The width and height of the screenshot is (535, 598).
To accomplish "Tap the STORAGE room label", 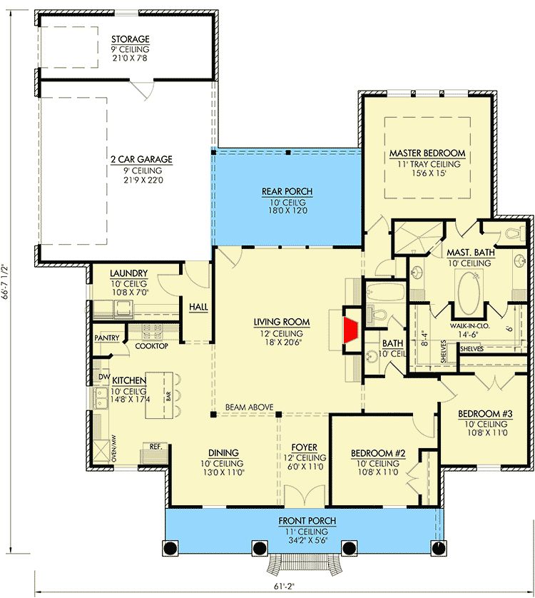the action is pyautogui.click(x=131, y=39).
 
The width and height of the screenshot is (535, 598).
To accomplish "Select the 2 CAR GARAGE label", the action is pyautogui.click(x=141, y=159).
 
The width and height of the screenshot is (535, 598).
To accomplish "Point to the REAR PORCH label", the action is pyautogui.click(x=287, y=191).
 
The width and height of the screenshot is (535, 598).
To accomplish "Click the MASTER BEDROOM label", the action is pyautogui.click(x=427, y=153).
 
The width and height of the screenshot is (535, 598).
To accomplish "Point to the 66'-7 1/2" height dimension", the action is pyautogui.click(x=5, y=280).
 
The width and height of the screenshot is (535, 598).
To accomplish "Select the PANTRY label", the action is pyautogui.click(x=107, y=338).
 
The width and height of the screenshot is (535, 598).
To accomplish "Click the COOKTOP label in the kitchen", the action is pyautogui.click(x=151, y=346).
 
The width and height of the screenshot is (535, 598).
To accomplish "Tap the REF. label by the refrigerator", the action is pyautogui.click(x=156, y=446).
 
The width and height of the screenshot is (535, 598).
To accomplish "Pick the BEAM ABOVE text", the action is pyautogui.click(x=250, y=407).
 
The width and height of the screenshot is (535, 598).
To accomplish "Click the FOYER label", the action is pyautogui.click(x=305, y=447).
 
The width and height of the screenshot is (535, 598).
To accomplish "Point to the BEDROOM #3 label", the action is pyautogui.click(x=485, y=413).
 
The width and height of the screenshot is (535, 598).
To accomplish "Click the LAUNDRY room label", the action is pyautogui.click(x=129, y=273).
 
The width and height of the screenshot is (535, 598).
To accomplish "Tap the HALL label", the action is pyautogui.click(x=199, y=307).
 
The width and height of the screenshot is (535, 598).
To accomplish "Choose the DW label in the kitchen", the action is pyautogui.click(x=104, y=377).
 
